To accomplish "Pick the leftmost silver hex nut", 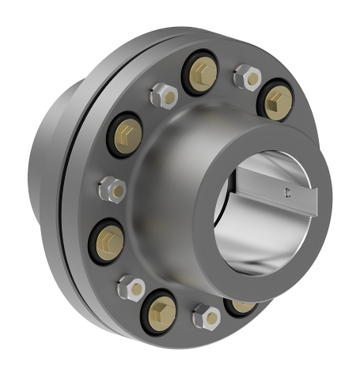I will pyautogui.click(x=108, y=189).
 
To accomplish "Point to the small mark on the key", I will pyautogui.click(x=286, y=190).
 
